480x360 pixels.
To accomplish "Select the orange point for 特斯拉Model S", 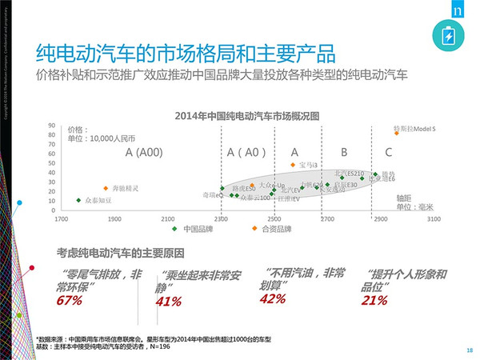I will [x=395, y=134].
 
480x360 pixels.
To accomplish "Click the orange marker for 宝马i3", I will [x=292, y=166].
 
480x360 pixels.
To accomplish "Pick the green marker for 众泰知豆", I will [x=78, y=201].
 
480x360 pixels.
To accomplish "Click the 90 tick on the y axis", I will [x=52, y=126].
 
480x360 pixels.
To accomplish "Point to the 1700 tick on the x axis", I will [x=62, y=218].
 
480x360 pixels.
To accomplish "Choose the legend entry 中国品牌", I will [x=199, y=229].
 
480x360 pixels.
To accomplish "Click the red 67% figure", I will [x=70, y=301].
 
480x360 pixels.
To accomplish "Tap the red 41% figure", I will [x=168, y=302].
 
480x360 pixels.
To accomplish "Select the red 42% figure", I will [x=273, y=299].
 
